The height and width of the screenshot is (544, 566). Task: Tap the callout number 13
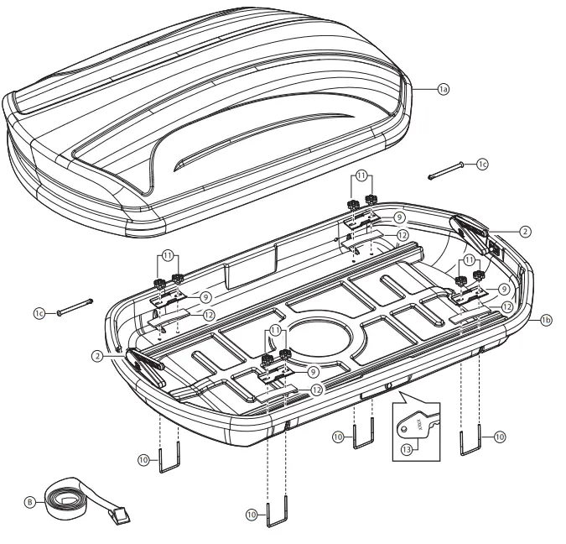tap(408, 449)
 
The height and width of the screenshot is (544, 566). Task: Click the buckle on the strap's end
tap(117, 516)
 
